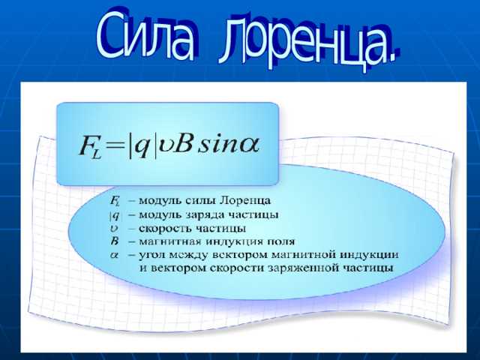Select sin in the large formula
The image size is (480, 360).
point(218,142)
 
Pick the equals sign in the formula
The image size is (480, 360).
point(115,145)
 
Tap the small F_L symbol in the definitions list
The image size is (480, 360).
point(115,202)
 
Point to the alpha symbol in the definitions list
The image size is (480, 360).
point(115,254)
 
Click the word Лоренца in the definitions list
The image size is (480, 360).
point(247,201)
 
